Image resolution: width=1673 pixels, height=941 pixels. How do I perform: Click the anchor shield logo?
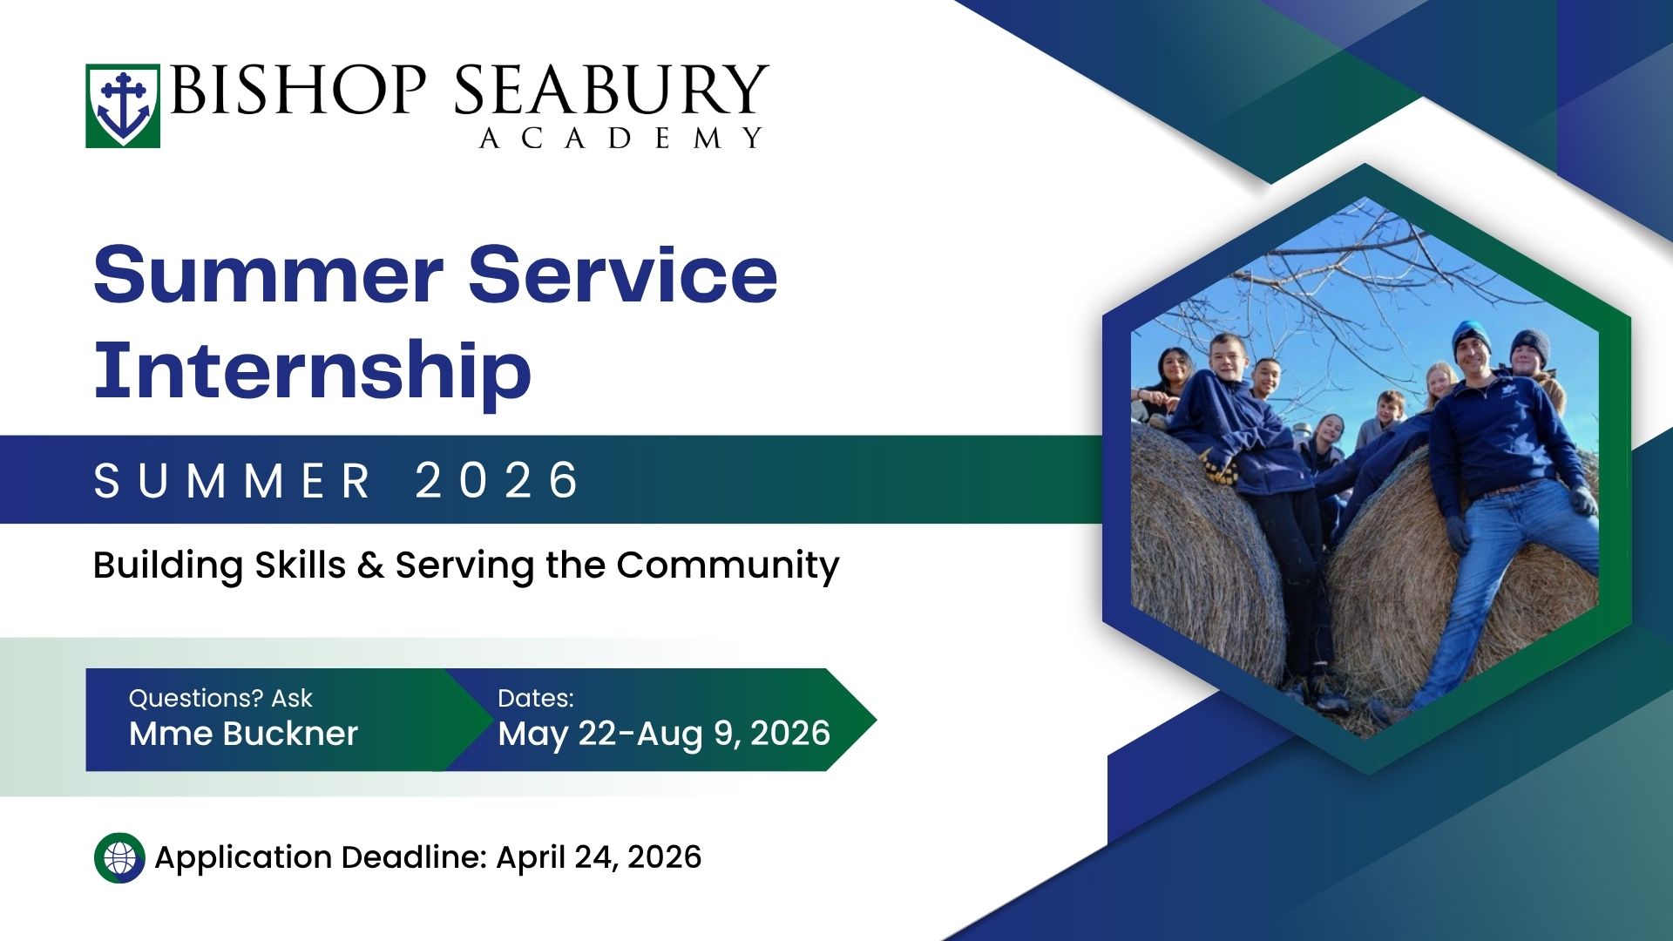coord(123,105)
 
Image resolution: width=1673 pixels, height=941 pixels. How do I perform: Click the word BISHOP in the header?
coord(298,90)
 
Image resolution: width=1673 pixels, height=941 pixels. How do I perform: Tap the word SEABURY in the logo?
coord(611,90)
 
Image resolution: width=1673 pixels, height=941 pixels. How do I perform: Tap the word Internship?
coord(312,371)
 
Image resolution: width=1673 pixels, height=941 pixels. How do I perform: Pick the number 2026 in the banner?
coord(498,480)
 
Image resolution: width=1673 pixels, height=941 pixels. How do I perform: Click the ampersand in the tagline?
coord(370,565)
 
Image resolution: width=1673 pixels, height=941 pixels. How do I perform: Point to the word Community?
coord(728,566)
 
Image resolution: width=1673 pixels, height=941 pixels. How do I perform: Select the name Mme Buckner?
coord(243,734)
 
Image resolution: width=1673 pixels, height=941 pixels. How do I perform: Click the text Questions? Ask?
coord(220,698)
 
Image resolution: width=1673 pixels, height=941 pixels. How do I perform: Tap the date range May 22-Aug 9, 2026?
coord(664,734)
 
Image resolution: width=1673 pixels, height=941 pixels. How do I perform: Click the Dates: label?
coord(536,698)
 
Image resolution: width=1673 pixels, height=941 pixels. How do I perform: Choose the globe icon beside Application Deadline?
coord(119,858)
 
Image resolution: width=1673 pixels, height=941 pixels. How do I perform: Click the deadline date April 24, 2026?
coord(599,857)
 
